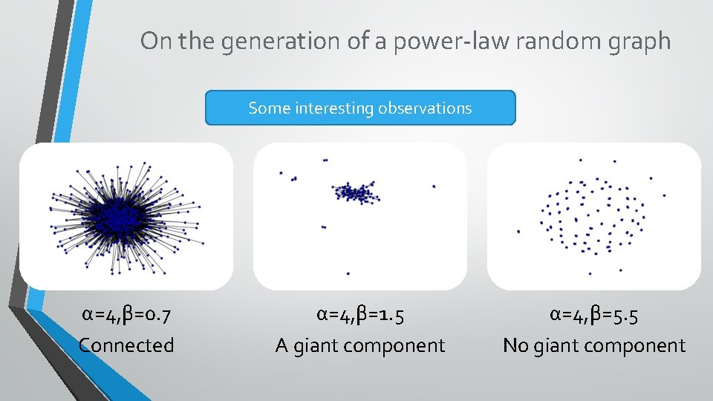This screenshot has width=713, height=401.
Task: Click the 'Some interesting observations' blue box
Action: tap(360, 108)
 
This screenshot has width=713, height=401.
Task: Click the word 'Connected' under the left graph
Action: tap(126, 345)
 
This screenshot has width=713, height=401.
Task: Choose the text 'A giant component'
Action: tap(360, 345)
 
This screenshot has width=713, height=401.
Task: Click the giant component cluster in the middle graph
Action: tap(356, 193)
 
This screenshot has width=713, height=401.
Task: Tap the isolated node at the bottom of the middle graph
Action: tap(348, 273)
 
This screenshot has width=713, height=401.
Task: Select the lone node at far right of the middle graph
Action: tap(434, 186)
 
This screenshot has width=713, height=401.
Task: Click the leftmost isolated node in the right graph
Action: tap(518, 232)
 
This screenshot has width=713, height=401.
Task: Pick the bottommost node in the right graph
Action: tap(590, 273)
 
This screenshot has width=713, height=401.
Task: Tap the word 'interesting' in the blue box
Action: tap(335, 108)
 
